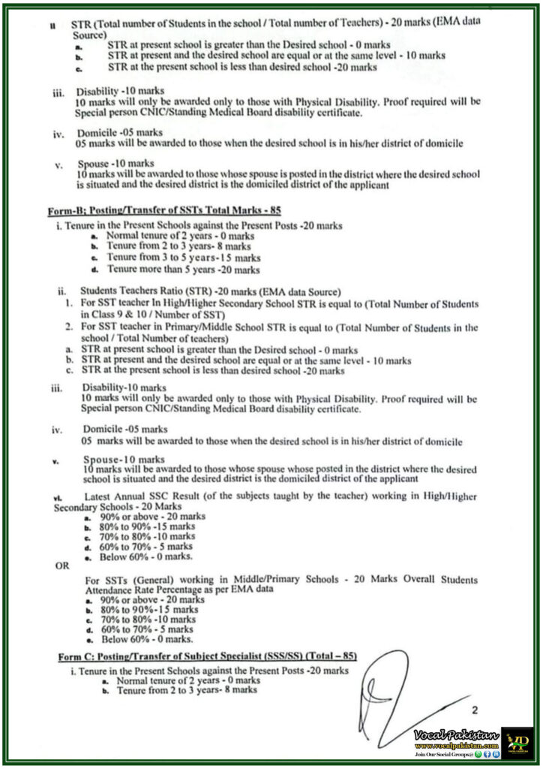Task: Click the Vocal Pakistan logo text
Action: (x=447, y=733)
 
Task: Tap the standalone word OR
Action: (x=62, y=566)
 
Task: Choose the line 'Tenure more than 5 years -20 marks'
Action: (x=184, y=269)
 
